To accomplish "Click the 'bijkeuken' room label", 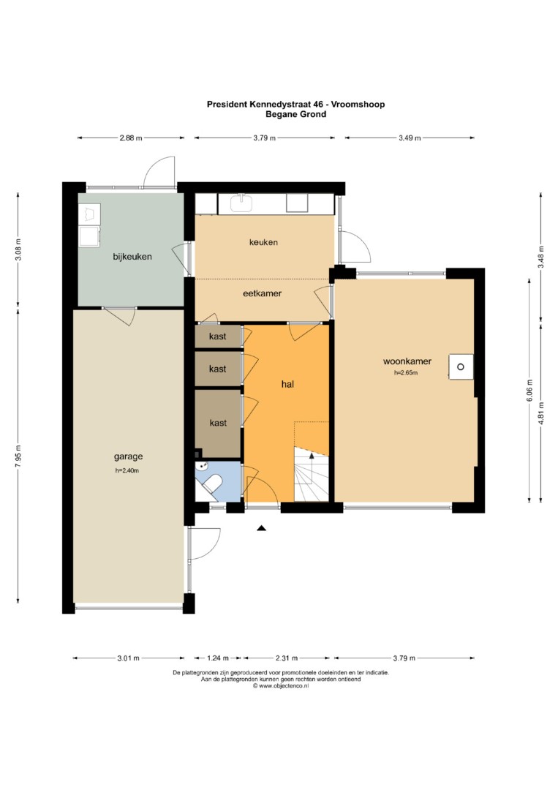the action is (132, 257).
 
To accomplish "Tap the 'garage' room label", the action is (128, 457).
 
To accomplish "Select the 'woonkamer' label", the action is (407, 361).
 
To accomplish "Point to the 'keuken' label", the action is (263, 242).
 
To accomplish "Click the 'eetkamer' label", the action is (262, 293).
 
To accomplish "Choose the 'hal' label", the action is (287, 385).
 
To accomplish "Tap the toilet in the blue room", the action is (211, 484).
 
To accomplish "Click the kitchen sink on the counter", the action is (243, 203).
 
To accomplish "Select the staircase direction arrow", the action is (312, 456).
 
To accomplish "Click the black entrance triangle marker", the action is (261, 528).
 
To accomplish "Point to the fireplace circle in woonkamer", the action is (460, 366).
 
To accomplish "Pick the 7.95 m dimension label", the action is (18, 456).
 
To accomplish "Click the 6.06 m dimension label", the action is (529, 389).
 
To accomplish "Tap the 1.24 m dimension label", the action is (217, 658).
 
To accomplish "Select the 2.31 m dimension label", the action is (287, 658).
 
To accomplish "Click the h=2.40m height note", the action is (127, 471).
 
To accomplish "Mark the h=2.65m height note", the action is (406, 373).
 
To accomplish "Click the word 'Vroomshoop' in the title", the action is (358, 105).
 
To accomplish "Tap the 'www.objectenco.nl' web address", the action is (284, 685).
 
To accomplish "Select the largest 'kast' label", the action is (218, 424).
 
